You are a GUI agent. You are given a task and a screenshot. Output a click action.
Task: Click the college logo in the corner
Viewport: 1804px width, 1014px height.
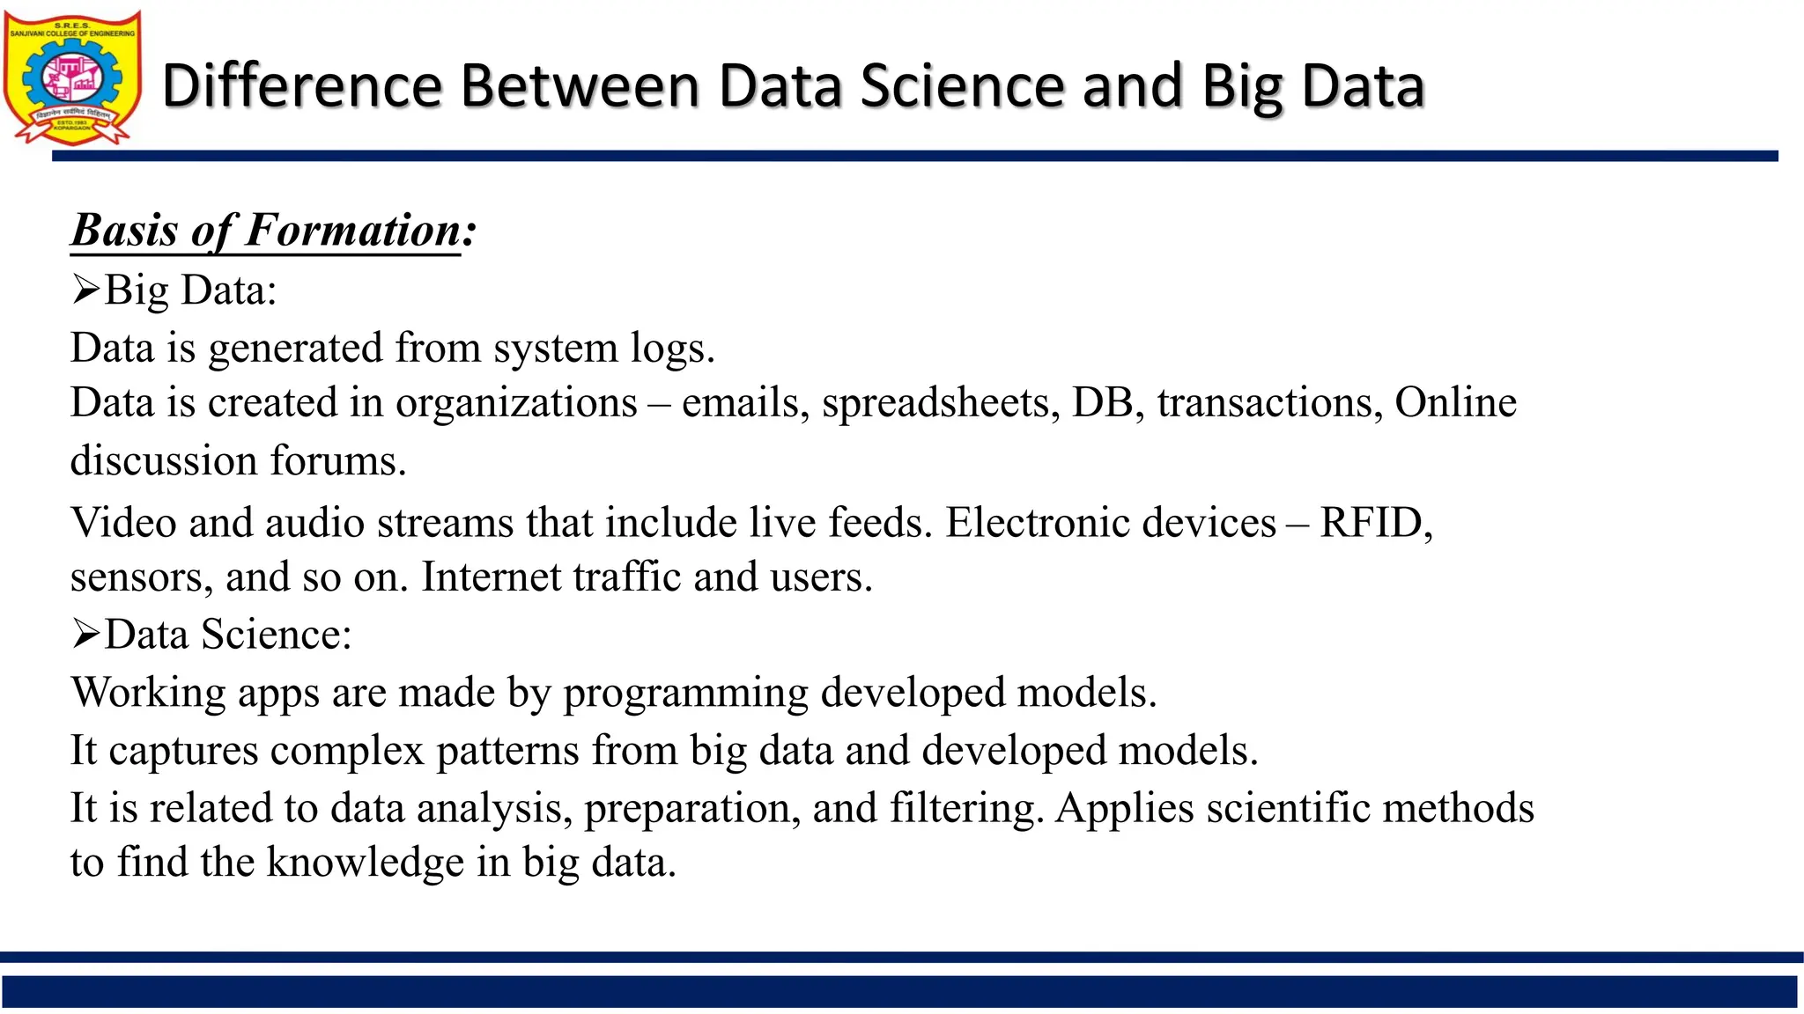72,77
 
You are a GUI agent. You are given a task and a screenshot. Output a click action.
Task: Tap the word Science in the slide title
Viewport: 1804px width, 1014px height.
962,86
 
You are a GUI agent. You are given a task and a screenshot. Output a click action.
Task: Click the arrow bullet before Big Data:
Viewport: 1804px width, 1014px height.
85,290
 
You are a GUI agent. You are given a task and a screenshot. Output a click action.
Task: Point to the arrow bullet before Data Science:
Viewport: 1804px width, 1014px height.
85,634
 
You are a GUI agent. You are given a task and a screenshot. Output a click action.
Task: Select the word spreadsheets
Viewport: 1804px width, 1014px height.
940,403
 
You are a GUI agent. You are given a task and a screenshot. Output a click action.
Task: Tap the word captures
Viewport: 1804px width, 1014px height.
183,751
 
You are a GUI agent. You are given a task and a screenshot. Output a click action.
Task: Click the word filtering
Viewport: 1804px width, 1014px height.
966,808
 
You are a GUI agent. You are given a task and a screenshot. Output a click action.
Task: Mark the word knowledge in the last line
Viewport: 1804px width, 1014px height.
365,863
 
